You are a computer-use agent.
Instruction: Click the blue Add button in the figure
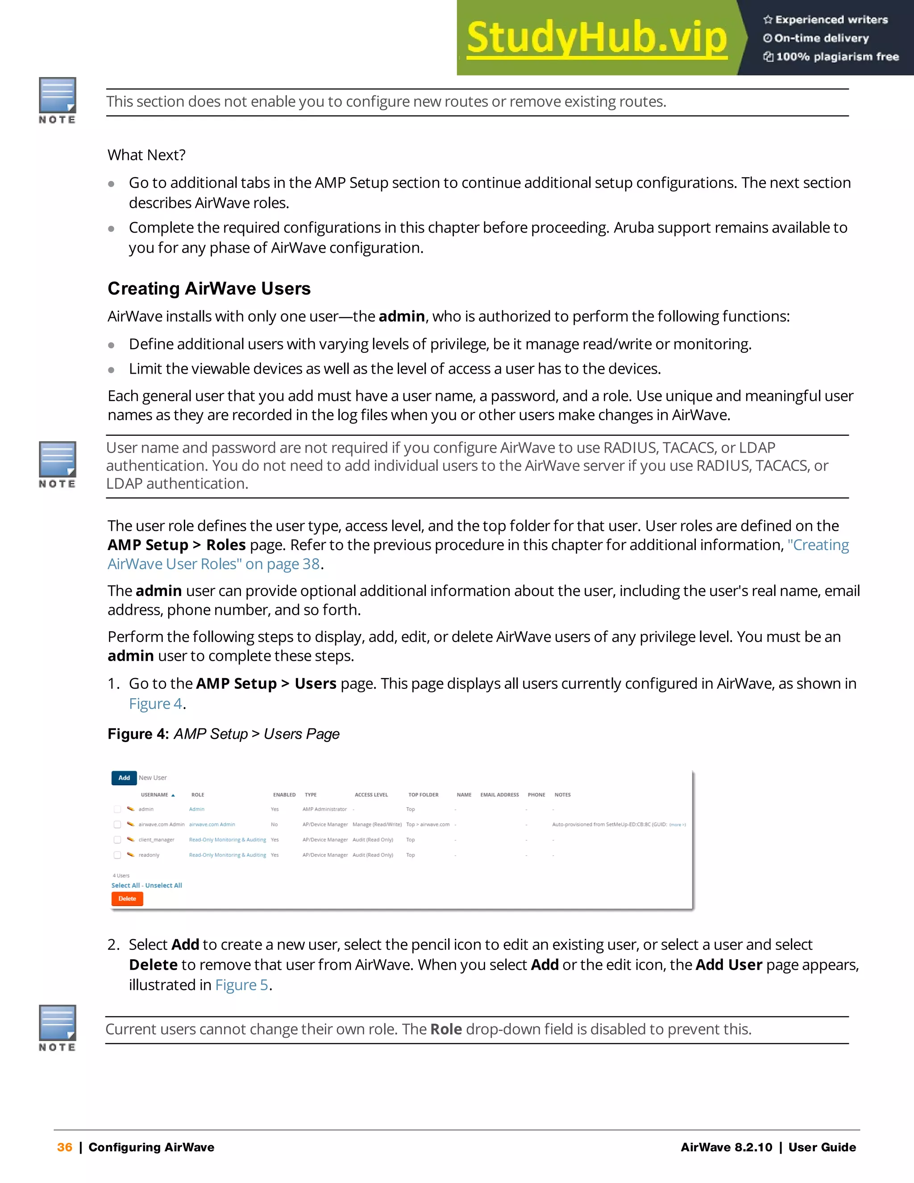[x=124, y=777]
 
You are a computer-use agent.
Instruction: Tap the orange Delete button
[x=127, y=899]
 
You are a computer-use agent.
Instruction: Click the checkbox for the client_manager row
[x=117, y=840]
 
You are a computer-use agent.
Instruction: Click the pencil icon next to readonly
[x=130, y=855]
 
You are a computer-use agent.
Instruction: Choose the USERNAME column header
[x=154, y=795]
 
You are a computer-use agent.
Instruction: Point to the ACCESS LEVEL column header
[x=371, y=795]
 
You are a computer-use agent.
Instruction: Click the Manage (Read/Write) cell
[x=377, y=825]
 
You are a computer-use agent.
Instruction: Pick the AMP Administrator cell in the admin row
[x=324, y=809]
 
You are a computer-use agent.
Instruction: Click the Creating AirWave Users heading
[x=209, y=288]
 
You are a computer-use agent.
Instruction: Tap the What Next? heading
[x=146, y=155]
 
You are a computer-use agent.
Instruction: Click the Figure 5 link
[x=241, y=985]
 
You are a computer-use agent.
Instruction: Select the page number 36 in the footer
[x=64, y=1147]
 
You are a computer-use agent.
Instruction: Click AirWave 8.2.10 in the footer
[x=726, y=1147]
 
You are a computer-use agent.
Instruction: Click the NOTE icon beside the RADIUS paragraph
[x=57, y=465]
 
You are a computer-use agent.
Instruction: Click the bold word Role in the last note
[x=446, y=1029]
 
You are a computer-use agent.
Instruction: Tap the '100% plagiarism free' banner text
[x=837, y=56]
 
